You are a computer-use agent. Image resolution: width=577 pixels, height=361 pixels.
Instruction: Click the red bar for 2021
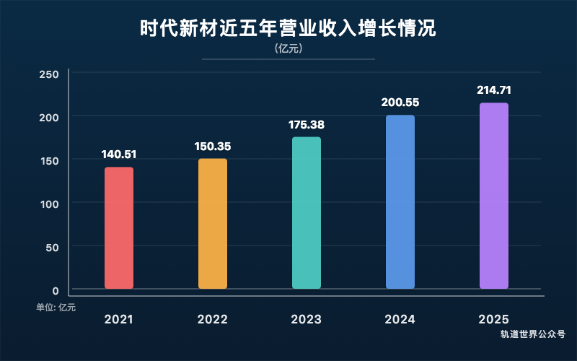[119, 228]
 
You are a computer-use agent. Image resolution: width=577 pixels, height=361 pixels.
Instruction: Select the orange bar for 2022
[213, 224]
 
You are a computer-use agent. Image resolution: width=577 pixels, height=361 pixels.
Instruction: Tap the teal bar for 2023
[307, 213]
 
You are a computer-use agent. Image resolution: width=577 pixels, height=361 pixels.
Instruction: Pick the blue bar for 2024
[400, 202]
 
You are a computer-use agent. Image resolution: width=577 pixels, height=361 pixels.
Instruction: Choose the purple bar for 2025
[494, 196]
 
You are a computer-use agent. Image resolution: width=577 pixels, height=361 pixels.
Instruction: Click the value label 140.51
[119, 154]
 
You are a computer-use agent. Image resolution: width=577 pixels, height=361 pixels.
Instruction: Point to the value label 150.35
[213, 146]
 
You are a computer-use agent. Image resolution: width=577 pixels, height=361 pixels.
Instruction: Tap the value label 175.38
[307, 124]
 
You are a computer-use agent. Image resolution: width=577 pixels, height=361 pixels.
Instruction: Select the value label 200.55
[400, 103]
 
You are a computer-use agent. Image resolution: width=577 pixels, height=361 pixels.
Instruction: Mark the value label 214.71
[494, 90]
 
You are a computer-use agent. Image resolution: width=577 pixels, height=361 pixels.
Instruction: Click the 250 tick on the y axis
[49, 74]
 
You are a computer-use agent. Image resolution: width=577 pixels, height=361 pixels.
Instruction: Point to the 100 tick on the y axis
[49, 204]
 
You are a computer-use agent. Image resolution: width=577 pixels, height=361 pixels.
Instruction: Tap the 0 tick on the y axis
[55, 290]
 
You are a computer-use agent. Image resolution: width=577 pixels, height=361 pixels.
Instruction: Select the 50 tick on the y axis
[52, 247]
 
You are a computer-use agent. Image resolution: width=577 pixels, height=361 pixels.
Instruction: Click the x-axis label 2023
[307, 319]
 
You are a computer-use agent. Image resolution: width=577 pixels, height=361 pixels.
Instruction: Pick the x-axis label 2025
[494, 319]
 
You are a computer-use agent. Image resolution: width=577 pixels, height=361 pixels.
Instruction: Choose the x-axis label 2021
[119, 319]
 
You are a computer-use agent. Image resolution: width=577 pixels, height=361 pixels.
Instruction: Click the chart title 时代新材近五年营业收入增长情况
[288, 30]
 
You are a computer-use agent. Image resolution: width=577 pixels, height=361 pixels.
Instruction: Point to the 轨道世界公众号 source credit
[533, 334]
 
